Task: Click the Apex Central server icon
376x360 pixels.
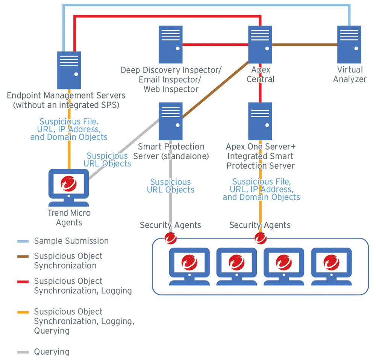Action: [x=260, y=44]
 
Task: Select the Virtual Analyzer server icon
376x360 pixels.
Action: [x=349, y=44]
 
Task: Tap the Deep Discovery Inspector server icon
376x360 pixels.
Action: [x=170, y=44]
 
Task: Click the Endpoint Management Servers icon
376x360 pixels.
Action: [x=69, y=70]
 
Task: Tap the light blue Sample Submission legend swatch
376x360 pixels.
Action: [x=23, y=241]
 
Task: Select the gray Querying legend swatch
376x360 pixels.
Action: [x=23, y=352]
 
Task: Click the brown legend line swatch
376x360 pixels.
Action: [x=23, y=256]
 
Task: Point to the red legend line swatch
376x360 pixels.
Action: [x=23, y=281]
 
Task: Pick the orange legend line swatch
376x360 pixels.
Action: [x=23, y=312]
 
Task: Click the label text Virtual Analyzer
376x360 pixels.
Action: [x=350, y=74]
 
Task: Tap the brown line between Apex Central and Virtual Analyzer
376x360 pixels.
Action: [x=305, y=44]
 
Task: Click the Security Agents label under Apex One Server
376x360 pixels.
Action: [x=260, y=225]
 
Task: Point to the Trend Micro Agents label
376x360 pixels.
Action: [x=69, y=218]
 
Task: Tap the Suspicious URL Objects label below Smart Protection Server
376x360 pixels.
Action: [x=171, y=186]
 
